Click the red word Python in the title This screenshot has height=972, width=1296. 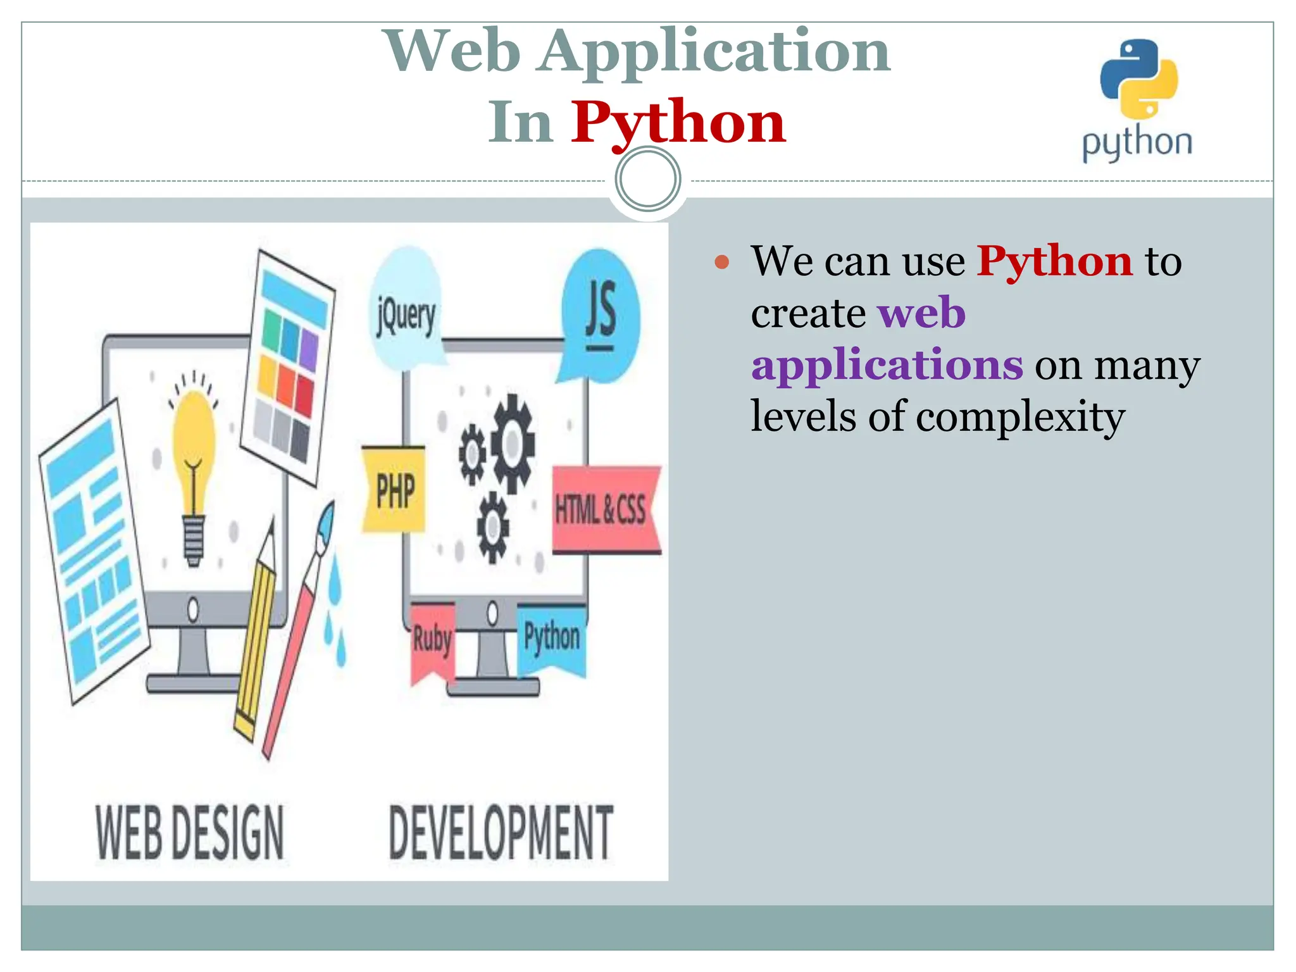(678, 122)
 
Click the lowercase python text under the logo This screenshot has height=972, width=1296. (1137, 143)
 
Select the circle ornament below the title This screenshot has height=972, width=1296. (647, 179)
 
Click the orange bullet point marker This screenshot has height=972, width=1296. (721, 262)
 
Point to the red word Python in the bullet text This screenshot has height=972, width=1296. (1054, 261)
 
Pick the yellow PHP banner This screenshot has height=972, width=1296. (394, 490)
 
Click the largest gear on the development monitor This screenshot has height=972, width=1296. (513, 443)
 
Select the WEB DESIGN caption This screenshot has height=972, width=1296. (190, 833)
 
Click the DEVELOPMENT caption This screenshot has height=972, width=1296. (501, 833)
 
